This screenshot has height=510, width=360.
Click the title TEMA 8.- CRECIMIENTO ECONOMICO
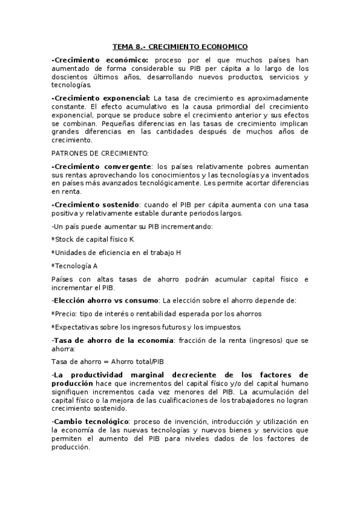[x=180, y=46]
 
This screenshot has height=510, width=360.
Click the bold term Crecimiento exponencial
[x=101, y=98]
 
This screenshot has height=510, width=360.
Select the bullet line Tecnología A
[x=75, y=265]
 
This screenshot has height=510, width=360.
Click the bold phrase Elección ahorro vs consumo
[x=105, y=300]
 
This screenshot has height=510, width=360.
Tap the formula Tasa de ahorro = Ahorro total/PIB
[x=107, y=361]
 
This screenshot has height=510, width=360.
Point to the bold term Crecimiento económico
[x=100, y=60]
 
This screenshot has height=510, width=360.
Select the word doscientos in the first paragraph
[x=70, y=77]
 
